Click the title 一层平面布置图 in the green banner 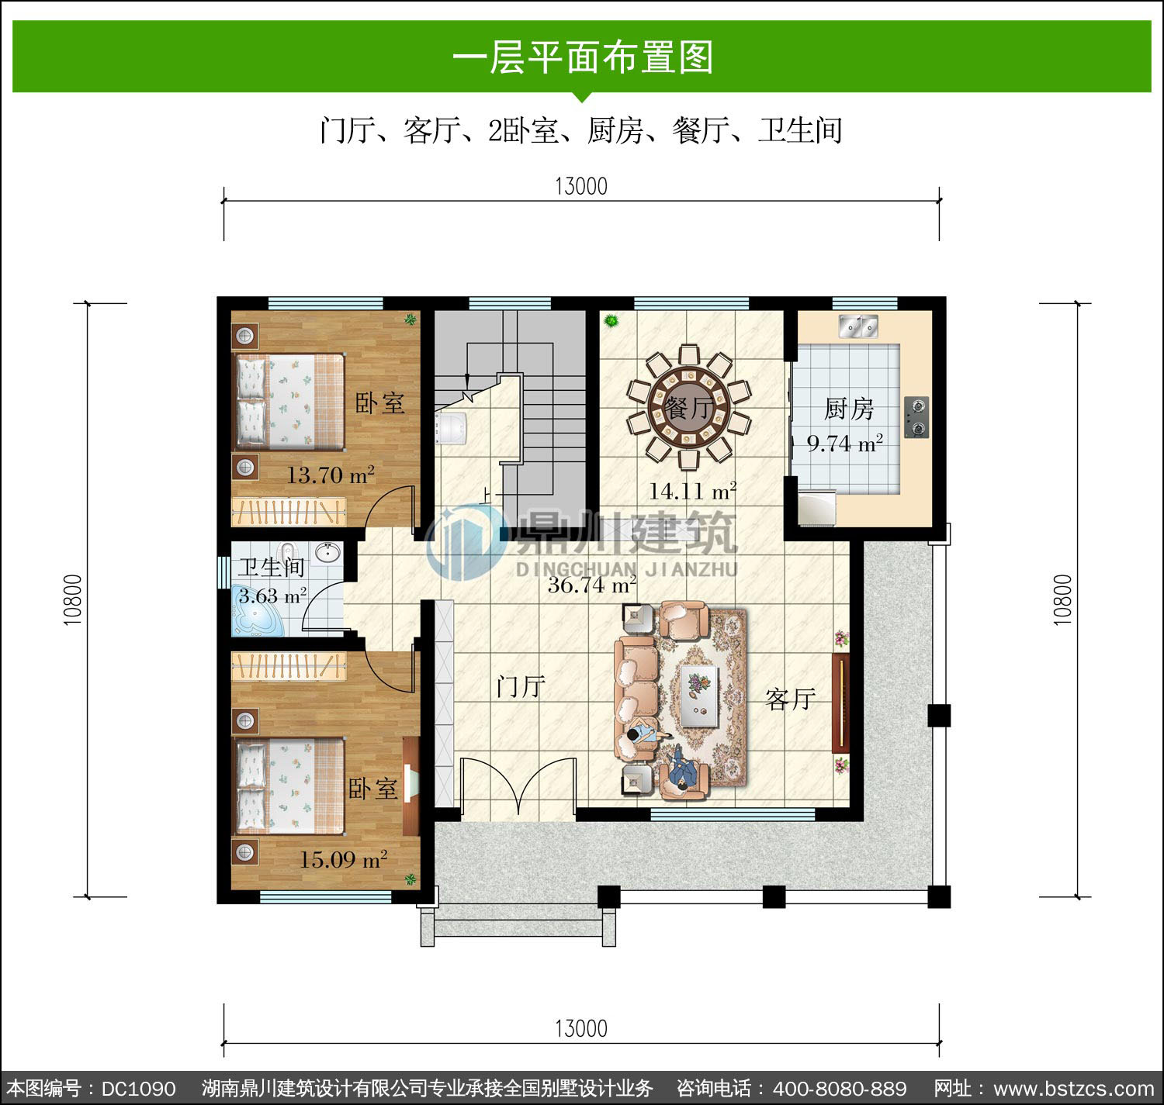(x=583, y=57)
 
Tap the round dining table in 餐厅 (x=688, y=406)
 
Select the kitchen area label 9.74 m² (x=845, y=444)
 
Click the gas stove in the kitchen (x=916, y=417)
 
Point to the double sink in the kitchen (x=858, y=326)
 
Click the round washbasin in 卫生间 (x=328, y=551)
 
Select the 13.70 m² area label (x=331, y=475)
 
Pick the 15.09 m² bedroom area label (x=344, y=859)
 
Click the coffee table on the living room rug (x=700, y=696)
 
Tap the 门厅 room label (x=521, y=686)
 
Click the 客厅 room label (x=791, y=699)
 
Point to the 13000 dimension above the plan (x=581, y=186)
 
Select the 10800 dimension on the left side (x=72, y=599)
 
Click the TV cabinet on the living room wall (x=840, y=703)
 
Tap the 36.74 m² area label (x=592, y=585)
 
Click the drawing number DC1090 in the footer (x=139, y=1089)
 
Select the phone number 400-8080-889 (x=840, y=1089)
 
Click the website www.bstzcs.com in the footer (x=1073, y=1089)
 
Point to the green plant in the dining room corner (x=611, y=321)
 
